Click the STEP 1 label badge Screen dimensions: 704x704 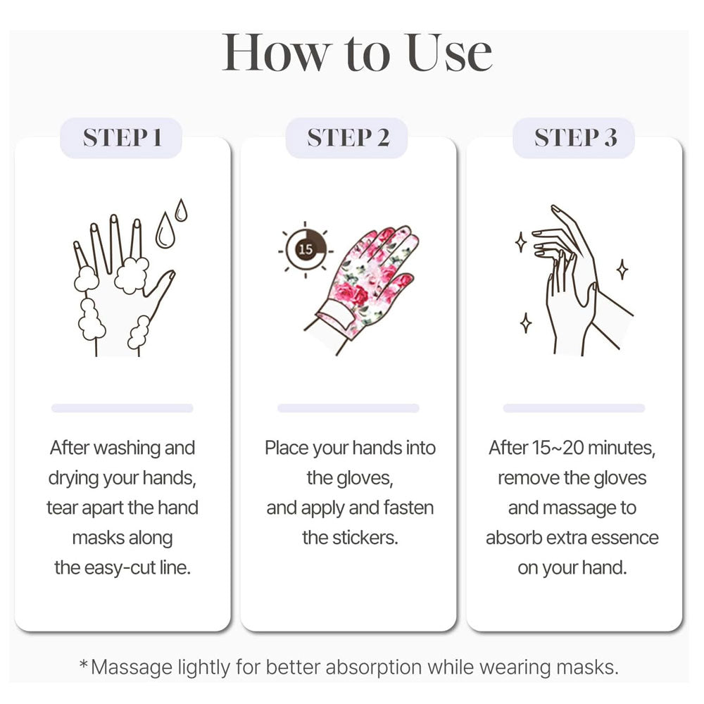(x=121, y=138)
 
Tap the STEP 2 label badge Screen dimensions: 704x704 (x=346, y=138)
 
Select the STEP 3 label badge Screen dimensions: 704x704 (x=574, y=138)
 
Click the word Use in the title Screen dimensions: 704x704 (x=449, y=53)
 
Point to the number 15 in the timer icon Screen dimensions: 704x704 (x=306, y=249)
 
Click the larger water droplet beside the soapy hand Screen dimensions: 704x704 (x=165, y=230)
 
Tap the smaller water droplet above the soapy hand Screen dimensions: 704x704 (x=181, y=210)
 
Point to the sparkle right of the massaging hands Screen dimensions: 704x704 (x=622, y=269)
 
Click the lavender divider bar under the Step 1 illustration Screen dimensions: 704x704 (x=122, y=408)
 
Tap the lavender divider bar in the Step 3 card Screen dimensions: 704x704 (x=574, y=408)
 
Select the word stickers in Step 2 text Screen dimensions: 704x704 (x=365, y=538)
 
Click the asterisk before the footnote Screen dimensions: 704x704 (x=84, y=664)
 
